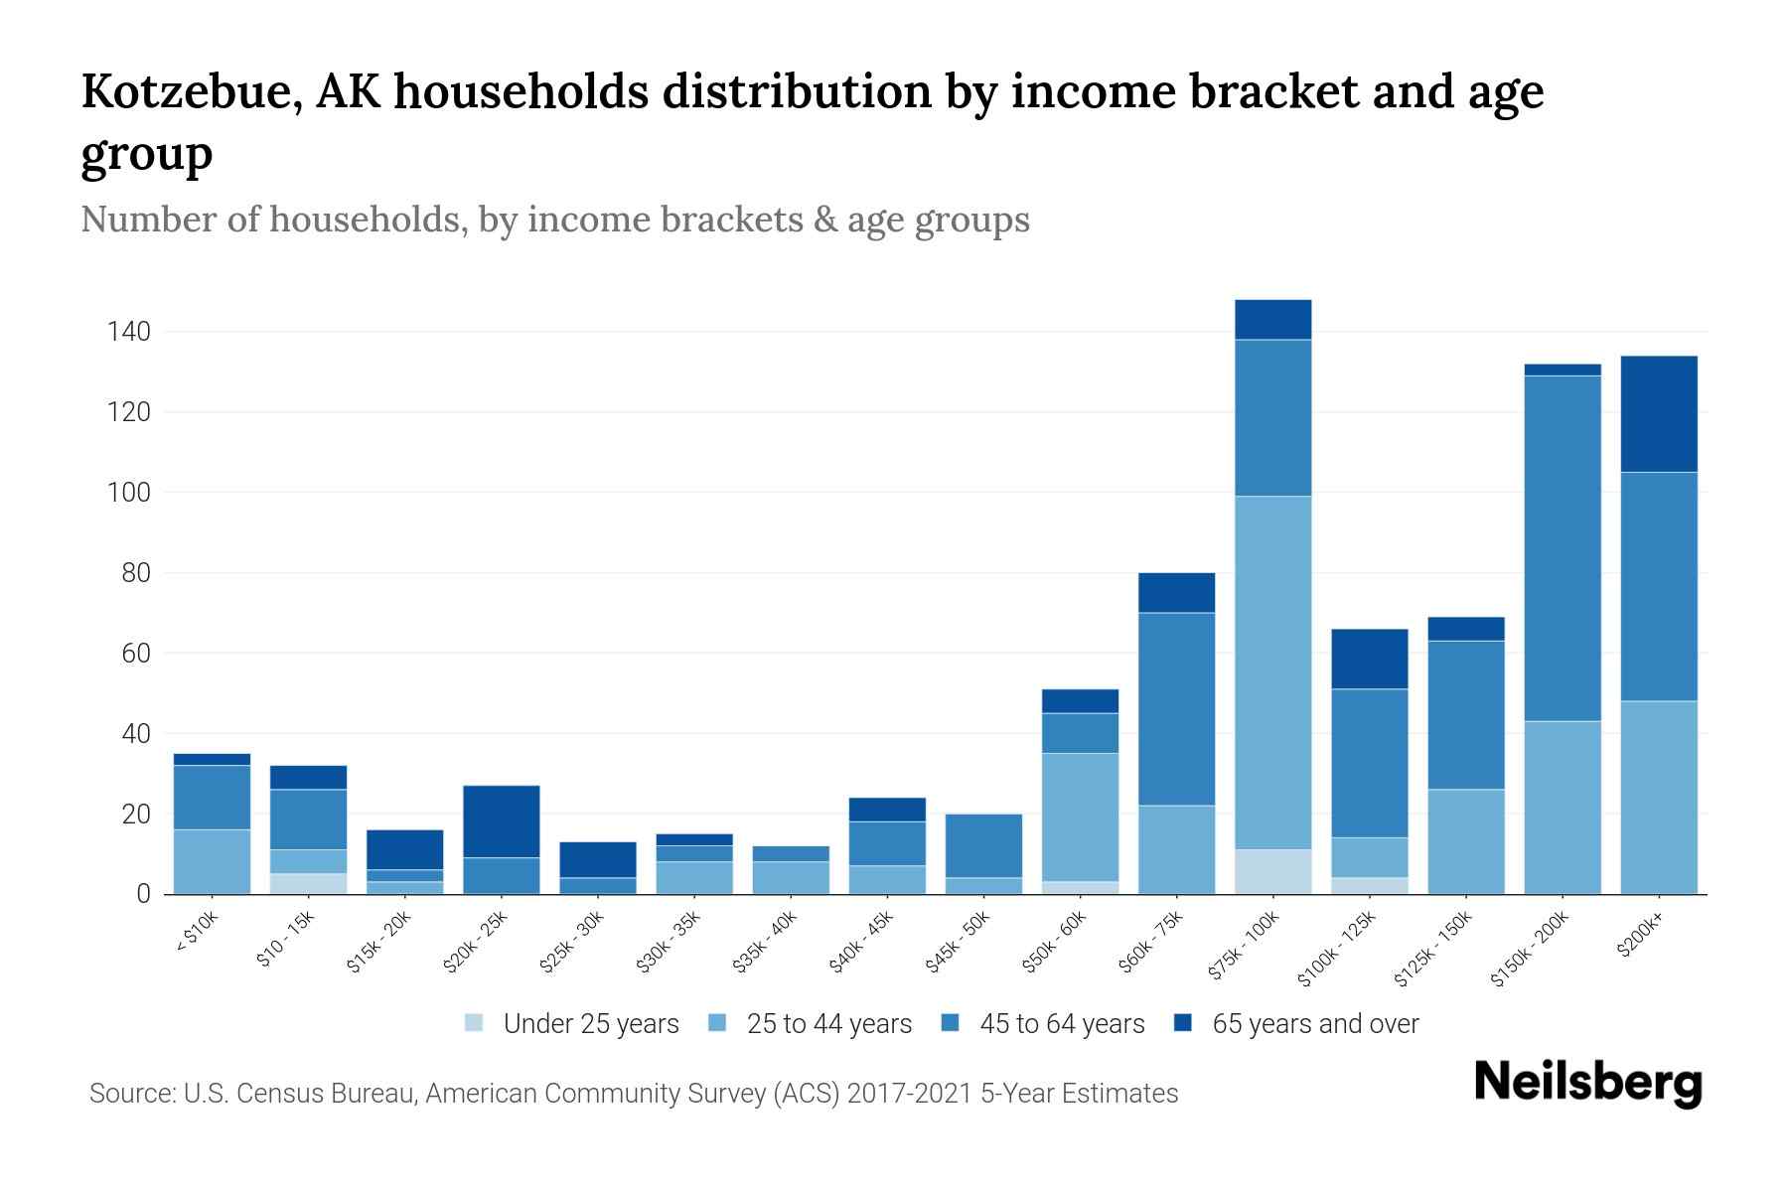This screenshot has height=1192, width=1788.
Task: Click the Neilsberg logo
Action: pyautogui.click(x=1587, y=1084)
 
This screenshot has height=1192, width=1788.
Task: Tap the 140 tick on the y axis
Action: pyautogui.click(x=129, y=332)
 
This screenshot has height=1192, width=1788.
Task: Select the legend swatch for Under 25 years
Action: pyautogui.click(x=475, y=1022)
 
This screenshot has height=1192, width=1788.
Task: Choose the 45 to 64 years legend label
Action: pyautogui.click(x=1062, y=1024)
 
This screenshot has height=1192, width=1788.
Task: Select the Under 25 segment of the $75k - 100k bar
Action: pyautogui.click(x=1272, y=871)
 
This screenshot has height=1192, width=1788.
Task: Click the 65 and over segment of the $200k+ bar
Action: pyautogui.click(x=1658, y=413)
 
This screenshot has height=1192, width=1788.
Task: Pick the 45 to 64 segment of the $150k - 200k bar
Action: pyautogui.click(x=1562, y=548)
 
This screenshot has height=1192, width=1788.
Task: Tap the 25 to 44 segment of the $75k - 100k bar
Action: pyautogui.click(x=1272, y=672)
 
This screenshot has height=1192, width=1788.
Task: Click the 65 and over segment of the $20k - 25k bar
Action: pyautogui.click(x=501, y=821)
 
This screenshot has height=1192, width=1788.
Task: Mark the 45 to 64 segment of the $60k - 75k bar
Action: pyautogui.click(x=1176, y=708)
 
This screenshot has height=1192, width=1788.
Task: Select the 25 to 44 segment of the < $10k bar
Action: pyautogui.click(x=212, y=861)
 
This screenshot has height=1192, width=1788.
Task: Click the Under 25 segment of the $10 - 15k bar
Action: pyautogui.click(x=308, y=883)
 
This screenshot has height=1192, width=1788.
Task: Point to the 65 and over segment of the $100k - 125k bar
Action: pyautogui.click(x=1369, y=659)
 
